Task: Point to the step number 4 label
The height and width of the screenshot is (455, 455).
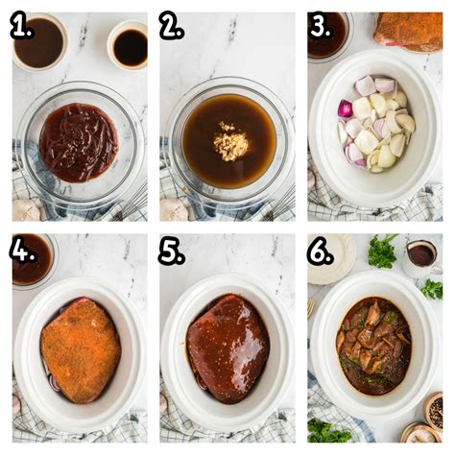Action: pos(22,251)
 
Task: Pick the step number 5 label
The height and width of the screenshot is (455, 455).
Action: pos(171,251)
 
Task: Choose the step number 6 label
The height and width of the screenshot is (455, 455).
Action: pos(320,251)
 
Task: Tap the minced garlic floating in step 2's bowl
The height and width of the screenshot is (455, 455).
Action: pos(230,144)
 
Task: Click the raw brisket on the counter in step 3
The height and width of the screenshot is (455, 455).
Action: pos(409,31)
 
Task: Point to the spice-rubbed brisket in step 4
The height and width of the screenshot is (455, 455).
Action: pos(80,349)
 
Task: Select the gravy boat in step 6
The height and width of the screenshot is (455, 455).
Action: pos(420,254)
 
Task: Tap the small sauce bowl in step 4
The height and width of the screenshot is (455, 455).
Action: pos(32,259)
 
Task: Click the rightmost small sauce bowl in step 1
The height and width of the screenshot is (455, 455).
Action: pos(128,45)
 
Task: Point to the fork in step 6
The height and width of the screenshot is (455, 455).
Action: pos(311,307)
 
